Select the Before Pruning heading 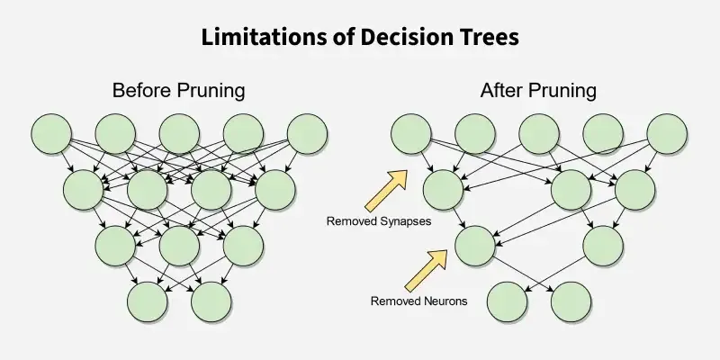(178, 91)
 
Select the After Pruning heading (538, 91)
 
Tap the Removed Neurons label (418, 301)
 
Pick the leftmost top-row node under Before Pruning (52, 134)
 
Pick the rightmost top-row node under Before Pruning (307, 134)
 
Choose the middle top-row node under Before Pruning (180, 134)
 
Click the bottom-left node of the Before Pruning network (148, 301)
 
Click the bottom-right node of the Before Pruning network (211, 301)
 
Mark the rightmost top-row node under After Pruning (667, 134)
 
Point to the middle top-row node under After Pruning (539, 134)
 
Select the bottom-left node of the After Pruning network (507, 301)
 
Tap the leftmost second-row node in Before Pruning (84, 189)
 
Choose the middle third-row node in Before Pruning (180, 244)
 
